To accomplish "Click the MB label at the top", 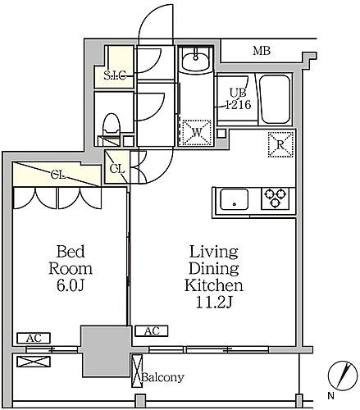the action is click(262, 51).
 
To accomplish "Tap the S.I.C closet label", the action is click(115, 75).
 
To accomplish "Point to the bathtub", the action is click(275, 99).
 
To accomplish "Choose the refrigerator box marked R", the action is click(280, 144).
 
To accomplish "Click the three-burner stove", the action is click(275, 198).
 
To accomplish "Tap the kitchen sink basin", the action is click(235, 199).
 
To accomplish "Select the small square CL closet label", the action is click(117, 169).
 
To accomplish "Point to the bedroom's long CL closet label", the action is click(58, 175).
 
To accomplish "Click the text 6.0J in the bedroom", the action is click(70, 285).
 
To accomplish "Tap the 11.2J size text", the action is click(214, 303).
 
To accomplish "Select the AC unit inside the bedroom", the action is click(34, 338).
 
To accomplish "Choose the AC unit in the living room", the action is click(152, 331).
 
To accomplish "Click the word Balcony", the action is click(162, 377).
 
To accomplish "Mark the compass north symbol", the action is click(343, 376).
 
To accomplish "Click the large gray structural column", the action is click(106, 351).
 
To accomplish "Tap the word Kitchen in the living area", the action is click(214, 285).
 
